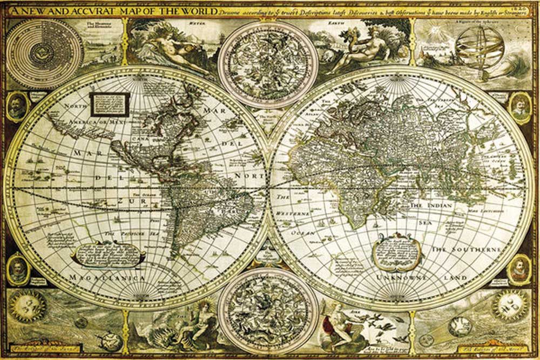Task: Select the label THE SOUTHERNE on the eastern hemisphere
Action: click(465, 250)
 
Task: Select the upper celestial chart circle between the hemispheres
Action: click(268, 64)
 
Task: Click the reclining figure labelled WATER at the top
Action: click(178, 49)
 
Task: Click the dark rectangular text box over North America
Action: click(110, 104)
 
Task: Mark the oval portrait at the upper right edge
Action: click(520, 107)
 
